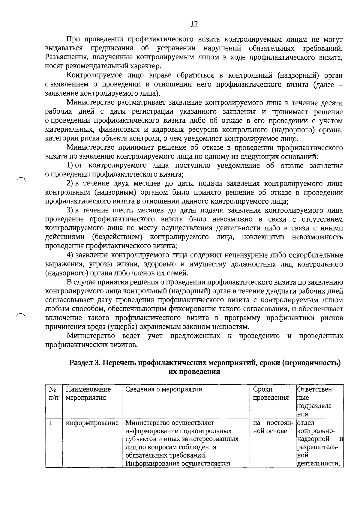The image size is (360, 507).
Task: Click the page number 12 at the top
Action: [x=194, y=24]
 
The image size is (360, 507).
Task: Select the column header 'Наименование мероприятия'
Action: [x=88, y=393]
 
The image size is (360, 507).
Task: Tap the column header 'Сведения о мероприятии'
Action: [x=164, y=389]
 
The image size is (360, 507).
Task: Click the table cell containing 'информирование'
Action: [x=92, y=423]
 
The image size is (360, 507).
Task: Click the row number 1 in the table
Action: [x=51, y=423]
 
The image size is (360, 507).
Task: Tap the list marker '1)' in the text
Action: [x=70, y=166]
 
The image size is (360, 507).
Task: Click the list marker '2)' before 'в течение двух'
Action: [x=70, y=183]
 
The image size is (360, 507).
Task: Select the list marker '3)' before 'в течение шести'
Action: [x=70, y=210]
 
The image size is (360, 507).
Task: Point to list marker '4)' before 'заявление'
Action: [x=70, y=255]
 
